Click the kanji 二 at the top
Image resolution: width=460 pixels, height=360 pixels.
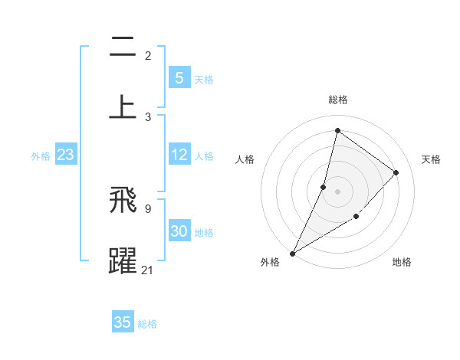(x=123, y=47)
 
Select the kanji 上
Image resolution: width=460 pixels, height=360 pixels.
(x=123, y=106)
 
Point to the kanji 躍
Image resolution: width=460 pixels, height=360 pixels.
(x=123, y=260)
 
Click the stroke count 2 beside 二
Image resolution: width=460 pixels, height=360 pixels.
(x=148, y=56)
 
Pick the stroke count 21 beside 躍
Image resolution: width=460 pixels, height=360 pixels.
(x=148, y=270)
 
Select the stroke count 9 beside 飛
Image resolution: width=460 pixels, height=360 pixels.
(x=148, y=208)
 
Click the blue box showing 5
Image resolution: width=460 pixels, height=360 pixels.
(x=179, y=77)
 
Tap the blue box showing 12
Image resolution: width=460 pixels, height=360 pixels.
(x=179, y=155)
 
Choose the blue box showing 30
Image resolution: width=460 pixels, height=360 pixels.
(x=179, y=231)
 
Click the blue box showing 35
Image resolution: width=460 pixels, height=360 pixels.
(x=123, y=322)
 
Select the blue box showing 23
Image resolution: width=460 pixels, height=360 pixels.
(x=65, y=155)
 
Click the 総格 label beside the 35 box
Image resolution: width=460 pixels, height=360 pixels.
(x=148, y=324)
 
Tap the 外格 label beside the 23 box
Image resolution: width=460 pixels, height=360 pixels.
(x=41, y=156)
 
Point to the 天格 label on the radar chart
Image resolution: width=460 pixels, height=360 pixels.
(x=431, y=159)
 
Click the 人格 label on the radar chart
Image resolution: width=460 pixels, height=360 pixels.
(x=245, y=159)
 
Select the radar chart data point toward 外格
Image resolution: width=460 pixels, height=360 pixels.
(x=292, y=253)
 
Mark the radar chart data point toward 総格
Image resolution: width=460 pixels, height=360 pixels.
(x=337, y=130)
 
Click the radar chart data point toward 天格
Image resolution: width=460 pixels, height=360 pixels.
(x=396, y=172)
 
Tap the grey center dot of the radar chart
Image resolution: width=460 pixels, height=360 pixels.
(x=337, y=191)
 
